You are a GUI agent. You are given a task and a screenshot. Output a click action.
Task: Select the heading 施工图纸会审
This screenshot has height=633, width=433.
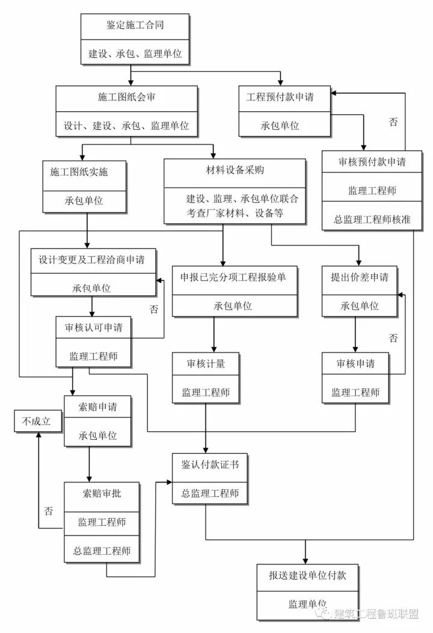126,97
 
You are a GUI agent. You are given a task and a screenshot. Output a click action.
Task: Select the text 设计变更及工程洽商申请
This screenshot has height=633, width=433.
91,260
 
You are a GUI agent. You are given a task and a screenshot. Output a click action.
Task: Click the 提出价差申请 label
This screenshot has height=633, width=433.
359,277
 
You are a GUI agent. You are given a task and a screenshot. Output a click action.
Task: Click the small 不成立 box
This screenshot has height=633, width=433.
37,421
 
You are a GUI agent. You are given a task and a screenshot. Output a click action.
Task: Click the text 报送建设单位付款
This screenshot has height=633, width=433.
307,576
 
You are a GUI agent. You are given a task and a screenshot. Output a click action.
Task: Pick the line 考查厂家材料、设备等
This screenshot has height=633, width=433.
235,213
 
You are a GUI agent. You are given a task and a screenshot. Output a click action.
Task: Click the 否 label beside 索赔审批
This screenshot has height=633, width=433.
48,511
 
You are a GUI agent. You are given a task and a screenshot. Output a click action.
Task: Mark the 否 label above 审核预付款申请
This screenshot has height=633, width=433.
393,122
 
